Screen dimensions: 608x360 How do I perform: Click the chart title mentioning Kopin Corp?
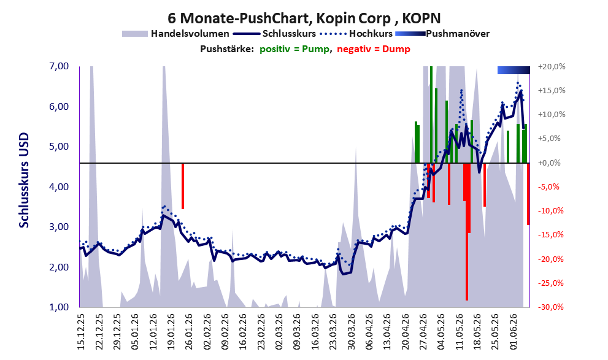(x=304, y=18)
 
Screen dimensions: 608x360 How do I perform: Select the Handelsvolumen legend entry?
(x=175, y=34)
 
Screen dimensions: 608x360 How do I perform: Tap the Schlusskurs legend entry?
(x=276, y=34)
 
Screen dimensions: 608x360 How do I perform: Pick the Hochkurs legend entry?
(x=356, y=34)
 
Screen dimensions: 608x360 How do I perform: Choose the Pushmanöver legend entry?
(x=442, y=34)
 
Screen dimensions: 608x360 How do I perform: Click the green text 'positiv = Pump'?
(x=294, y=49)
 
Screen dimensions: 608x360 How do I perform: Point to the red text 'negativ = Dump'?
(x=374, y=49)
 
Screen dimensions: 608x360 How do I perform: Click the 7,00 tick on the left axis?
(x=60, y=66)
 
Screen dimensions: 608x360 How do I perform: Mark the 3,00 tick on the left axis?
(x=60, y=227)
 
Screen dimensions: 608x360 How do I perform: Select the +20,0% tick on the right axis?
(x=552, y=67)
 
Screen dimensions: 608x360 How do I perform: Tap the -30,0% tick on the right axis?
(x=550, y=307)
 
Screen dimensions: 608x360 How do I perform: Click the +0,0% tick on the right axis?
(x=550, y=163)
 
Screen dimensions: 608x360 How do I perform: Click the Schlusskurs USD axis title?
(x=24, y=180)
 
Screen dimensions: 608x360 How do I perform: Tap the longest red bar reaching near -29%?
(x=467, y=232)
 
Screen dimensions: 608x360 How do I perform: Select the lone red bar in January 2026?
(x=183, y=186)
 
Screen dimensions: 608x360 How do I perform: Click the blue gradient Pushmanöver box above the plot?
(x=514, y=70)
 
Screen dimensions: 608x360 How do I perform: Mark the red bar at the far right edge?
(x=528, y=194)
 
